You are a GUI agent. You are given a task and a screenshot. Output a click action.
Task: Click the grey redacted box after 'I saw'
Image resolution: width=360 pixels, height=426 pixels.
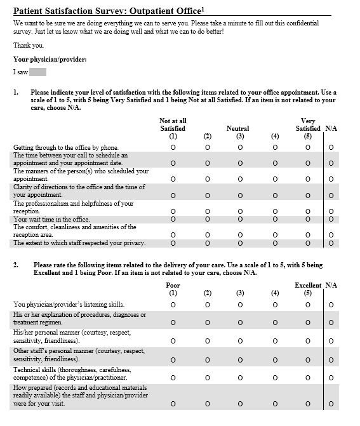[x=37, y=72]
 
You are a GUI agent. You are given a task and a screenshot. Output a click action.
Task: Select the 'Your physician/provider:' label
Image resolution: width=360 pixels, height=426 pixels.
[x=50, y=60]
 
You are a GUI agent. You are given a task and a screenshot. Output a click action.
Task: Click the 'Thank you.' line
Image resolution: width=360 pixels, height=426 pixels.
[x=29, y=45]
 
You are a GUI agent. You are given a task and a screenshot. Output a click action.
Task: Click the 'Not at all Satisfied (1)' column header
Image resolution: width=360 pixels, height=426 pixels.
[x=173, y=128]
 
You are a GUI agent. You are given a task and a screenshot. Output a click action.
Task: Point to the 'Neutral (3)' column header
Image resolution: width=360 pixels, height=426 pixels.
[x=239, y=131]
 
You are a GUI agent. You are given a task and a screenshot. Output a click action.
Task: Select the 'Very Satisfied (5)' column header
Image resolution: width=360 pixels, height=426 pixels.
[x=308, y=128]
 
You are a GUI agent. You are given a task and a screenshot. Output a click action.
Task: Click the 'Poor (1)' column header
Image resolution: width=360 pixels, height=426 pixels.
[x=173, y=289]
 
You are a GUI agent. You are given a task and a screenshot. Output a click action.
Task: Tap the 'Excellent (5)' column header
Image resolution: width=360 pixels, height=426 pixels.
[x=308, y=289]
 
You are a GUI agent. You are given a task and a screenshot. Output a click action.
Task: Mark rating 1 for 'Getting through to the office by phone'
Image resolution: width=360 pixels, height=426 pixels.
[x=173, y=148]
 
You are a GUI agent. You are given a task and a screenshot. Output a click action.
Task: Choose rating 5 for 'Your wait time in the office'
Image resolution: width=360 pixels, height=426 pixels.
[x=308, y=220]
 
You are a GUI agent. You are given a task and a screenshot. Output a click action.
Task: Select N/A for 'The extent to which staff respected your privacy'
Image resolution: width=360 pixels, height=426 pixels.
[x=330, y=243]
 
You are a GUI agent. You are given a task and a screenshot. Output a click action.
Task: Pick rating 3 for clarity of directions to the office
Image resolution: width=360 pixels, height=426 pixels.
[x=239, y=196]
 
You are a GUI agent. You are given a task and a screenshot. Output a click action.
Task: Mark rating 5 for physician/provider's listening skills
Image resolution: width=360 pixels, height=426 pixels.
[x=308, y=305]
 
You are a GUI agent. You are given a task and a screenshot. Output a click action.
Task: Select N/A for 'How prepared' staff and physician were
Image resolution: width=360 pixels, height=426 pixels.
[x=330, y=404]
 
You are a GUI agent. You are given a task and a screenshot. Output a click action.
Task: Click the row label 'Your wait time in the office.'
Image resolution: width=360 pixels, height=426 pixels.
[x=51, y=220]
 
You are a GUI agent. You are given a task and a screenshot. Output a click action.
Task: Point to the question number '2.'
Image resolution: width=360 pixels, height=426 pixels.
[x=17, y=265]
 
